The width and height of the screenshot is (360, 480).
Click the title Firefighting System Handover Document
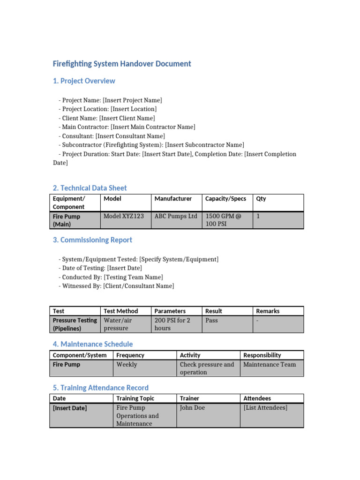122,64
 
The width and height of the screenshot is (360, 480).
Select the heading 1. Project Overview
84,81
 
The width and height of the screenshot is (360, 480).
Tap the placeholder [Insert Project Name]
133,100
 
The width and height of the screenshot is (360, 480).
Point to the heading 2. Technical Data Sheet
90,188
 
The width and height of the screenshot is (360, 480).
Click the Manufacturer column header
173,199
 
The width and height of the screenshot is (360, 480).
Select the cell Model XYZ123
124,217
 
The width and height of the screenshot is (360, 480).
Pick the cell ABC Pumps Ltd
176,217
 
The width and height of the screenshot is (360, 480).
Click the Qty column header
261,199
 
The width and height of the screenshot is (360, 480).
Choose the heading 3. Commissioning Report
92,240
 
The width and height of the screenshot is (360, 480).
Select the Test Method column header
121,311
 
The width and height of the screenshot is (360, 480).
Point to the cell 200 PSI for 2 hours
172,324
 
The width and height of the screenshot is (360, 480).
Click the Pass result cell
212,321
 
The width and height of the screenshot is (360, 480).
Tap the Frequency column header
130,355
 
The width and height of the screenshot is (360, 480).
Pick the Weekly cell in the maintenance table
127,365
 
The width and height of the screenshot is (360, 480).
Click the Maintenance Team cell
270,365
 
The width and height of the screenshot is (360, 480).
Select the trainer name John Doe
193,408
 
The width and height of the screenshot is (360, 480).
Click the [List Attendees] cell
265,408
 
